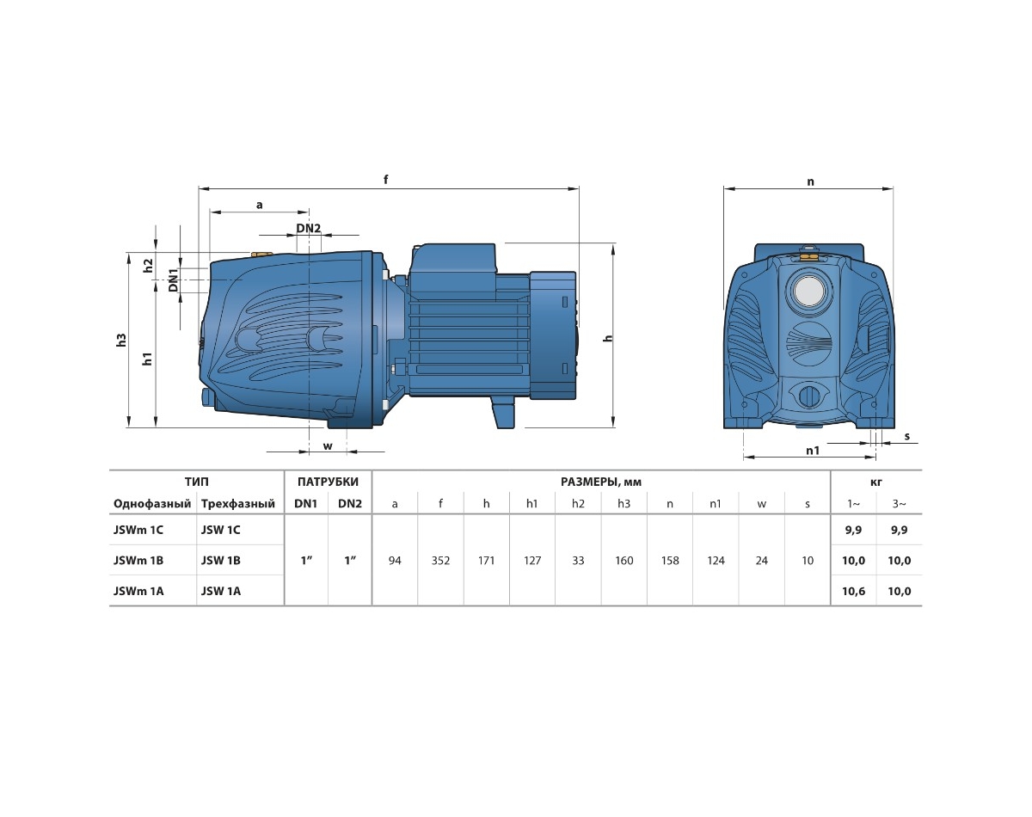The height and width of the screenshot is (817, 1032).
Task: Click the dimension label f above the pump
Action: pos(385,180)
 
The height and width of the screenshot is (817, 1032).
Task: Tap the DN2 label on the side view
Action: pos(309,228)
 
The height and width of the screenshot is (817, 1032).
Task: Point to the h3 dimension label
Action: pos(122,340)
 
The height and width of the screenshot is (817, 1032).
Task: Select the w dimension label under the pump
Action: pos(328,446)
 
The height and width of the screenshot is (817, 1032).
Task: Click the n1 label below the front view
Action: pos(813,451)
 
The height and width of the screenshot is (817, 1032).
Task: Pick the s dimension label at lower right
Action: pos(906,437)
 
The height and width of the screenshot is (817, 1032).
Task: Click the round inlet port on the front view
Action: pos(809,290)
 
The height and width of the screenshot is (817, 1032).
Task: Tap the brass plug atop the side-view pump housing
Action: pos(261,254)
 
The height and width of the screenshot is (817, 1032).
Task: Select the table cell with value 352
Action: pos(440,561)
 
